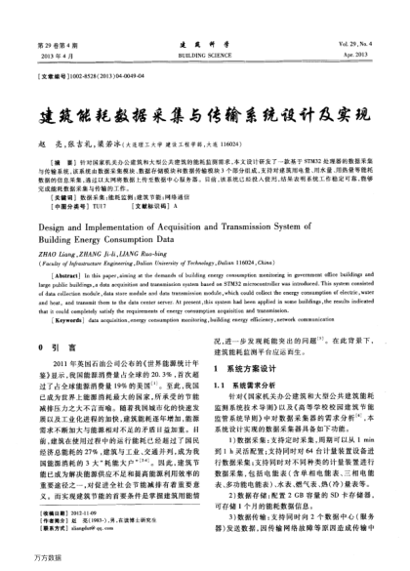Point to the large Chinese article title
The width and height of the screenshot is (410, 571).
[x=204, y=86]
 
